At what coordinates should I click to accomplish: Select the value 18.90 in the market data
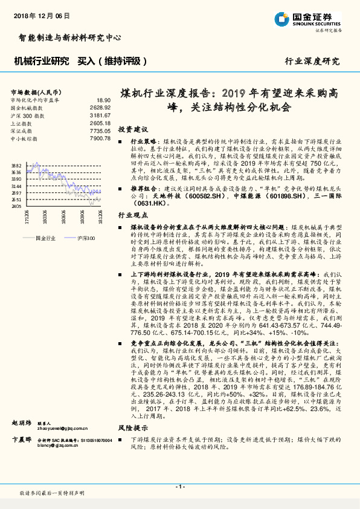(x=103, y=100)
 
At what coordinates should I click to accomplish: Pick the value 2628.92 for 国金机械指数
(x=100, y=107)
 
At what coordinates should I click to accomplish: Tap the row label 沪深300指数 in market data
(x=25, y=115)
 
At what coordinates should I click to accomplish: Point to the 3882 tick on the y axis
(x=16, y=165)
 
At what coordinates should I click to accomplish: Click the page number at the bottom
(x=179, y=487)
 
